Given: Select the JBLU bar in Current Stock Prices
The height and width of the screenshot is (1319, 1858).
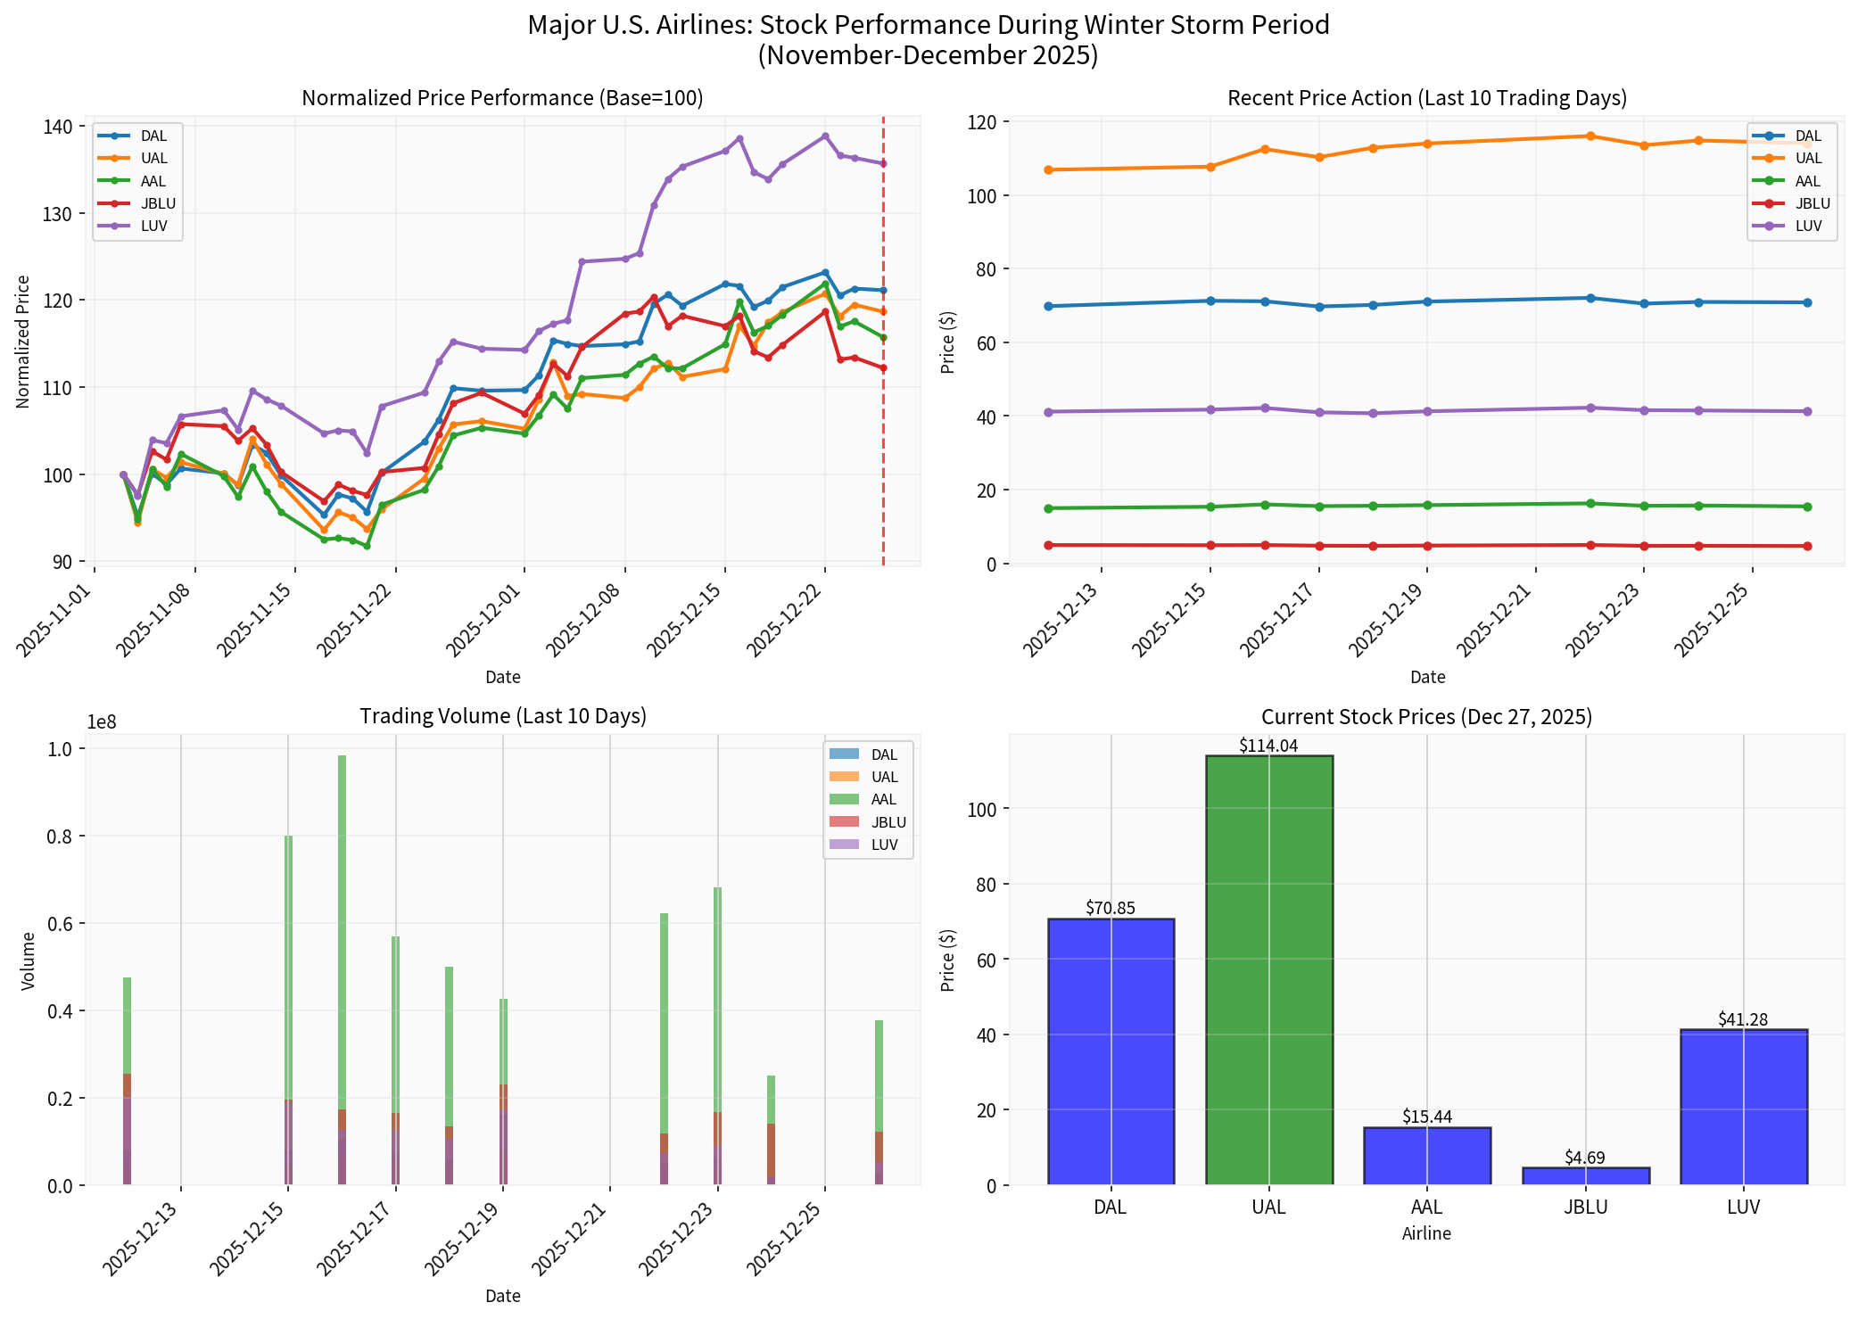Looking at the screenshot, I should click(1585, 1175).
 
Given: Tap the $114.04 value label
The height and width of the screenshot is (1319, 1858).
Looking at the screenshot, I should click(1268, 746).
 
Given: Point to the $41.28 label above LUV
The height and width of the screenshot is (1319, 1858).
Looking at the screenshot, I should click(1742, 1019).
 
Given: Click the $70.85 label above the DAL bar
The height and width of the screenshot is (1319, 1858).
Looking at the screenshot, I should click(1110, 909).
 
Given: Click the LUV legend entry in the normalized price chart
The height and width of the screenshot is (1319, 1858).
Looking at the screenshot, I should click(153, 226).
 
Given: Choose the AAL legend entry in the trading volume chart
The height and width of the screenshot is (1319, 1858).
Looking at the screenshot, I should click(882, 799).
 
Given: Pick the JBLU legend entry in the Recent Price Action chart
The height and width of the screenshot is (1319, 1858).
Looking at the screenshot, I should click(1811, 203).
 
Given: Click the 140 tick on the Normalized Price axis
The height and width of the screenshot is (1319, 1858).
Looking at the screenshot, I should click(58, 127).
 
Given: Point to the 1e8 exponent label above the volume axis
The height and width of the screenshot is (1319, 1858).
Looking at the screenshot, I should click(102, 723).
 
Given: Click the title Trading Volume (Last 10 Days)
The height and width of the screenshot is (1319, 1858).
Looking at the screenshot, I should click(502, 716).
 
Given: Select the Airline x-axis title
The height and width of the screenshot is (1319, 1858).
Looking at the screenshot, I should click(1425, 1233).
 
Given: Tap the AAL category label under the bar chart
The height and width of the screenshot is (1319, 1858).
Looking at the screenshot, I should click(1426, 1208).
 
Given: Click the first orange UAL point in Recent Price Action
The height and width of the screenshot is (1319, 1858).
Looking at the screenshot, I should click(1048, 169).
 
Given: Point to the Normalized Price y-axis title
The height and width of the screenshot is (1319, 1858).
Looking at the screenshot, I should click(23, 342).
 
